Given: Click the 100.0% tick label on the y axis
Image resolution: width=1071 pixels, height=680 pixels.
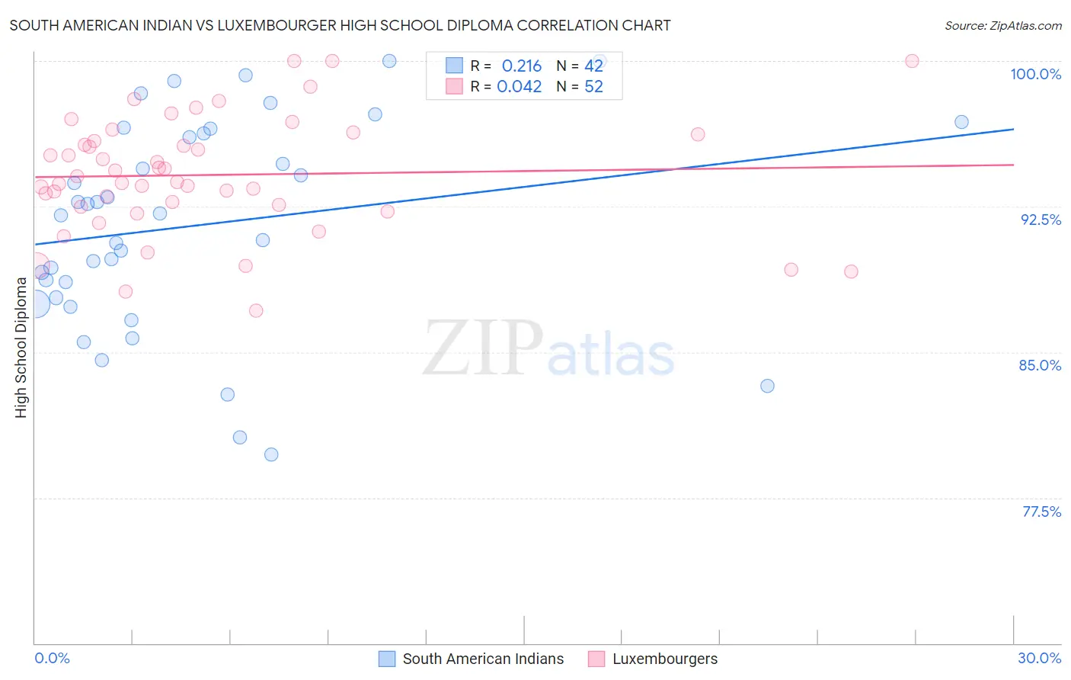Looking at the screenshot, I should click(1035, 74).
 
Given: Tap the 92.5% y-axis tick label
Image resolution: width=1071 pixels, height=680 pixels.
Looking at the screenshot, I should click(1041, 220).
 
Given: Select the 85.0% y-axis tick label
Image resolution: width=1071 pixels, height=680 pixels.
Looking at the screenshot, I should click(1040, 365).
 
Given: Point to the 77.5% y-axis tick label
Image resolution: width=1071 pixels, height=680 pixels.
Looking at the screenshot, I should click(1041, 512).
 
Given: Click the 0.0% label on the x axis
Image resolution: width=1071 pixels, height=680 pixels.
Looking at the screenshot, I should click(52, 658).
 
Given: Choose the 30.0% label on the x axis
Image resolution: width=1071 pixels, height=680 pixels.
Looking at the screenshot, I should click(1039, 658).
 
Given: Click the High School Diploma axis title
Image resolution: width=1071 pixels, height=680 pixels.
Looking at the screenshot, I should click(21, 347).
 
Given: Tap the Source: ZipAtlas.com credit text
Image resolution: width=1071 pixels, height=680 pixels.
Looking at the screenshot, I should click(1002, 26).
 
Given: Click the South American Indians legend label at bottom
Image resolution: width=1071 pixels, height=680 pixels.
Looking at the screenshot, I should click(483, 659).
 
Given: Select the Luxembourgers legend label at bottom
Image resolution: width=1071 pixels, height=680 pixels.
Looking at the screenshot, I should click(665, 659).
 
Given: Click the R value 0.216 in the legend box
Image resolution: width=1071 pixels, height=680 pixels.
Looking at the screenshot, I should click(521, 66).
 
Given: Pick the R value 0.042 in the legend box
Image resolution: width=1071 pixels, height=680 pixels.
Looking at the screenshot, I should click(519, 86).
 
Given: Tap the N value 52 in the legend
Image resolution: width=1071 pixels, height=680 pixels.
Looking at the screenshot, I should click(593, 86).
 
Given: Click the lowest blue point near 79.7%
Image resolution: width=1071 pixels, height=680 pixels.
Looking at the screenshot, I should click(271, 454).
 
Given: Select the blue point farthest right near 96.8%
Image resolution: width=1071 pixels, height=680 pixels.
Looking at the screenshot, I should click(961, 122).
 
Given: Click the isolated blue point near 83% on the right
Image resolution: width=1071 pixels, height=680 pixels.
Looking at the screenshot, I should click(767, 386).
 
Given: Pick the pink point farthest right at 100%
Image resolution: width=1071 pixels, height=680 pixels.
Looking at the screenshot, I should click(912, 61).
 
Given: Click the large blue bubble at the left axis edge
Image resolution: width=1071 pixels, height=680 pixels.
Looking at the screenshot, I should click(35, 303).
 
